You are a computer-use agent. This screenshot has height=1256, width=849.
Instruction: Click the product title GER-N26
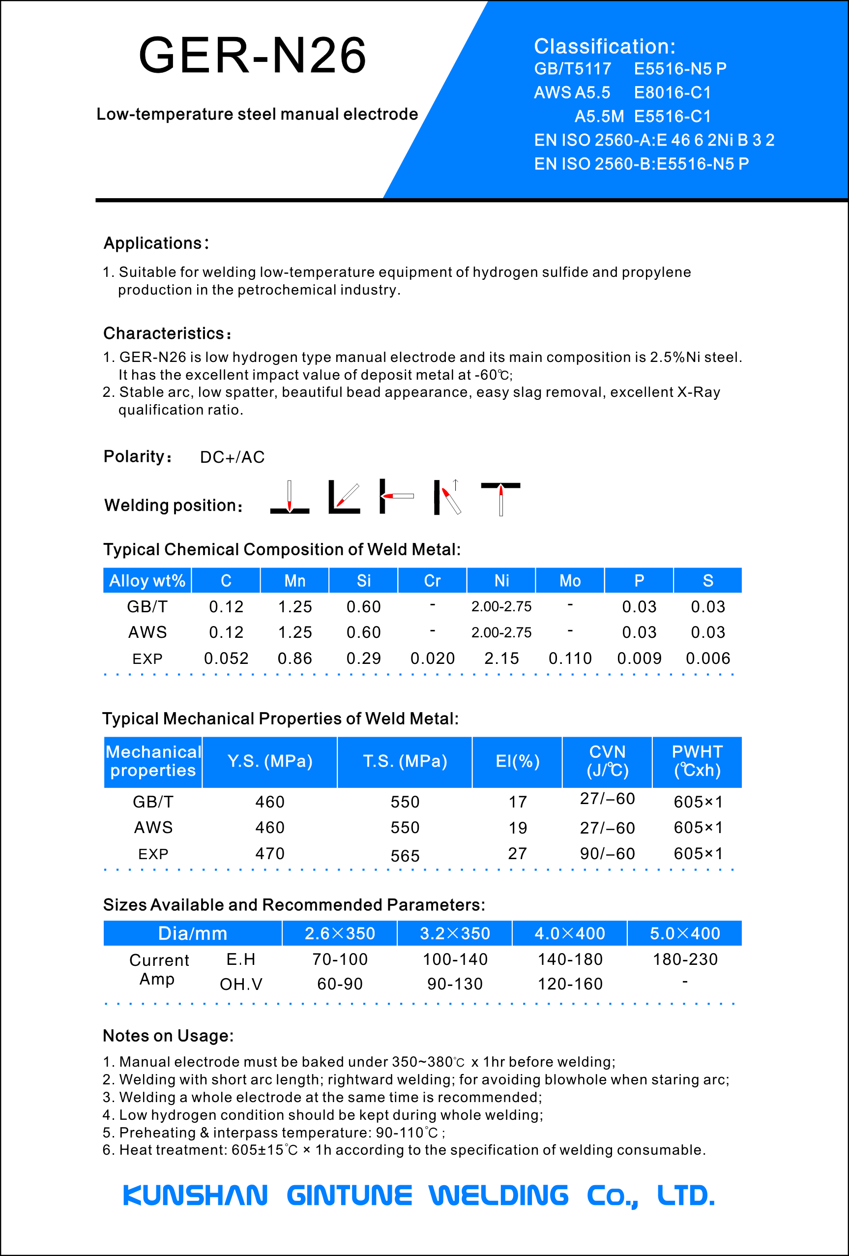(252, 55)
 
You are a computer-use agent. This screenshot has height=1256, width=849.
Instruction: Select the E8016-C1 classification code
(673, 92)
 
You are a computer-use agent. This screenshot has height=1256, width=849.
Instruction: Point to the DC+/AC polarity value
(233, 457)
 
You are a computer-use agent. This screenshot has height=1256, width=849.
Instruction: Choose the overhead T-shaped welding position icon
(500, 498)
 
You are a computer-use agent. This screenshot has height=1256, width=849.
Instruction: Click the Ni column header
(501, 580)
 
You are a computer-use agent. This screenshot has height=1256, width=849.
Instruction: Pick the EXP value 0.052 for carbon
(226, 658)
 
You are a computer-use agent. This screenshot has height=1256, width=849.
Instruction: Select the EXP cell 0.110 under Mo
(570, 658)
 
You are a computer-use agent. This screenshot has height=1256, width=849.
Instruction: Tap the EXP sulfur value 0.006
(708, 658)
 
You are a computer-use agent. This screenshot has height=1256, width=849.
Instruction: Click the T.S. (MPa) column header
(405, 761)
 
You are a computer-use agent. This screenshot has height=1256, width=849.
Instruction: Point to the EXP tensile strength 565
(405, 856)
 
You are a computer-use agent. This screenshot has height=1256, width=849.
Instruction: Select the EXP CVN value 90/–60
(608, 853)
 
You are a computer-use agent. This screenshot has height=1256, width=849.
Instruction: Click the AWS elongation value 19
(517, 828)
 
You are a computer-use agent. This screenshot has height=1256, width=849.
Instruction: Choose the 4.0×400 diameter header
(570, 933)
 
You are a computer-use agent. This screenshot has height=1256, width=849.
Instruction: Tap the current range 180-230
(685, 959)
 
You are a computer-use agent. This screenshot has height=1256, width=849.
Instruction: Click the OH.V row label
(241, 984)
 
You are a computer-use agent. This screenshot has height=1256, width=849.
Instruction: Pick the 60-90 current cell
(339, 984)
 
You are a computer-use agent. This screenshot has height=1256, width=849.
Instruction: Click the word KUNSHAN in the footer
(195, 1196)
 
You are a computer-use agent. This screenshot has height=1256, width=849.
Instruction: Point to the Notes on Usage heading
(168, 1036)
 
